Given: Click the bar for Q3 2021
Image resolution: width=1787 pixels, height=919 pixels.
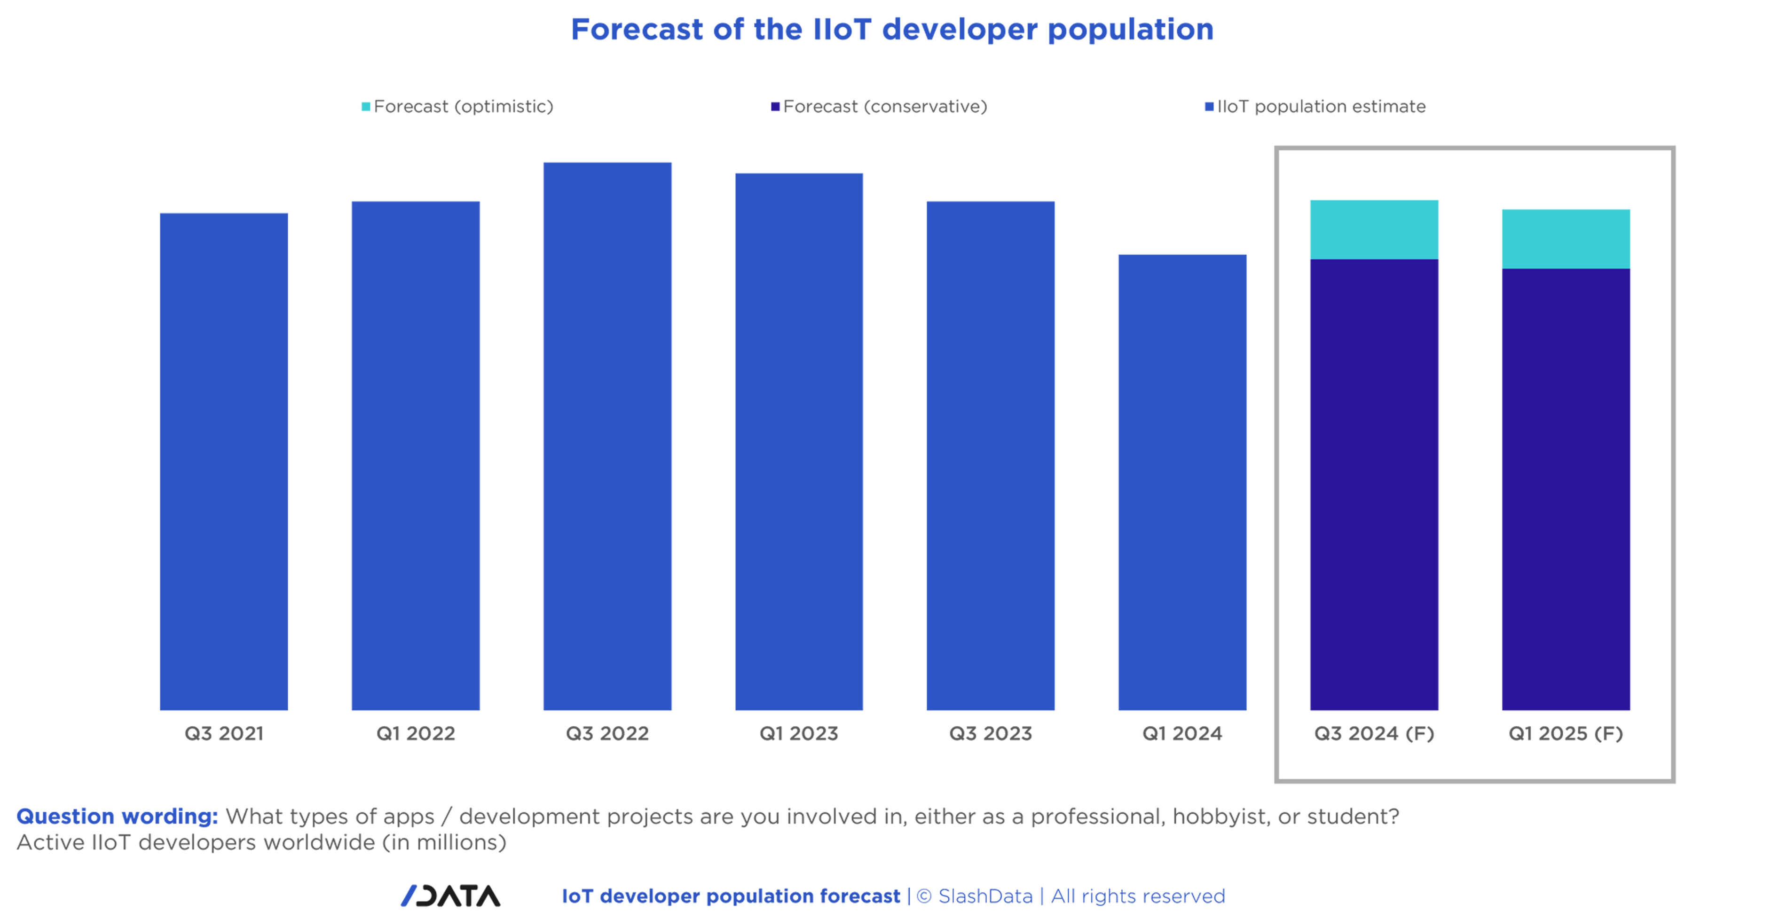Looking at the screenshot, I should tap(223, 461).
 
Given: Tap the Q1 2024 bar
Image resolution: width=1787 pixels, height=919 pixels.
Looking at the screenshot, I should tap(1181, 482).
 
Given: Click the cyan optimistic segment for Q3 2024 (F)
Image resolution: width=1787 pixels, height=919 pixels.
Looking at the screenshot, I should tap(1374, 228).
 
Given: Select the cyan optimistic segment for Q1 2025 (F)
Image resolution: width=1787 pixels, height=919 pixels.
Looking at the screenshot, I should tap(1567, 237).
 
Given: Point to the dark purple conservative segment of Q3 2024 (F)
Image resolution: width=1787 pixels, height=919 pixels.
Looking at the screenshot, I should tap(1374, 486).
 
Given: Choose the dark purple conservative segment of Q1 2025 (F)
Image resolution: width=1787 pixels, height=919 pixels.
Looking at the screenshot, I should tap(1567, 490).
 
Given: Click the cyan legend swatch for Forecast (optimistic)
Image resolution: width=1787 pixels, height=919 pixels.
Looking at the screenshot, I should tap(365, 107).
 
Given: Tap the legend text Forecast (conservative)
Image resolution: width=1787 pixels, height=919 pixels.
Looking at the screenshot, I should tap(886, 107).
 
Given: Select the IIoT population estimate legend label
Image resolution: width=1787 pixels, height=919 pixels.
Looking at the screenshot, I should tap(1322, 107).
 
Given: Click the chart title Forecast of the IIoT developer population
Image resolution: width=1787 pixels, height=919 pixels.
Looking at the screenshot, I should tap(891, 30).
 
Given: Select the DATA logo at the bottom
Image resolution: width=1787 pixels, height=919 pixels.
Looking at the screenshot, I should tap(450, 896).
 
